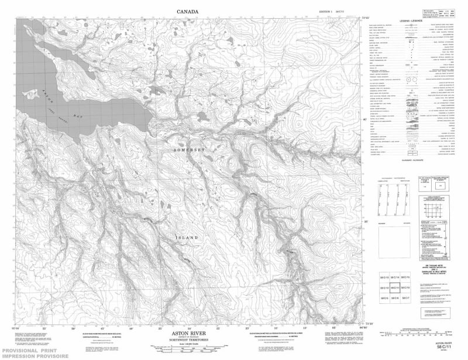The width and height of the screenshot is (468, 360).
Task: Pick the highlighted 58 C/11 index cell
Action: pos(394,288)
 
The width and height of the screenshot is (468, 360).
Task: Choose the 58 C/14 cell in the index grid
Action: pos(394,277)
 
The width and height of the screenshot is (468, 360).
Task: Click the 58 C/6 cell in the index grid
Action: pos(394,299)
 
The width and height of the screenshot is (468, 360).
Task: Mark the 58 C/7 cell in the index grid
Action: pos(405,299)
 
